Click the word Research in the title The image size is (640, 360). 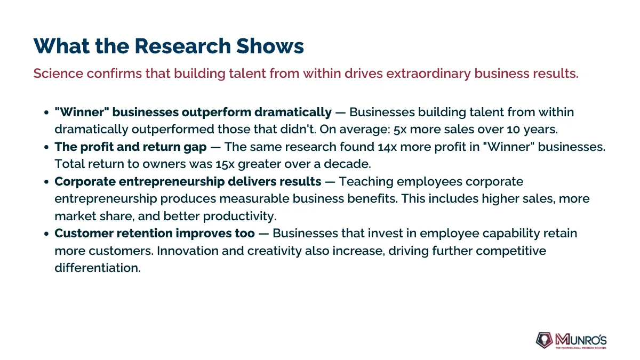click(182, 46)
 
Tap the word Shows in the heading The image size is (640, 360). click(270, 46)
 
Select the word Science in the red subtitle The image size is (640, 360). click(58, 74)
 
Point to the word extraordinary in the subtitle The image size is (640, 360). click(428, 74)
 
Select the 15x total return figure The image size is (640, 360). click(225, 165)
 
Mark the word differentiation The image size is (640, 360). click(98, 268)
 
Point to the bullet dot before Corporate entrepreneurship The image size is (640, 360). click(46, 182)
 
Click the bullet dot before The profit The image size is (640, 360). click(46, 147)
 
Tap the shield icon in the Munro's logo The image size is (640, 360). click(545, 340)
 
